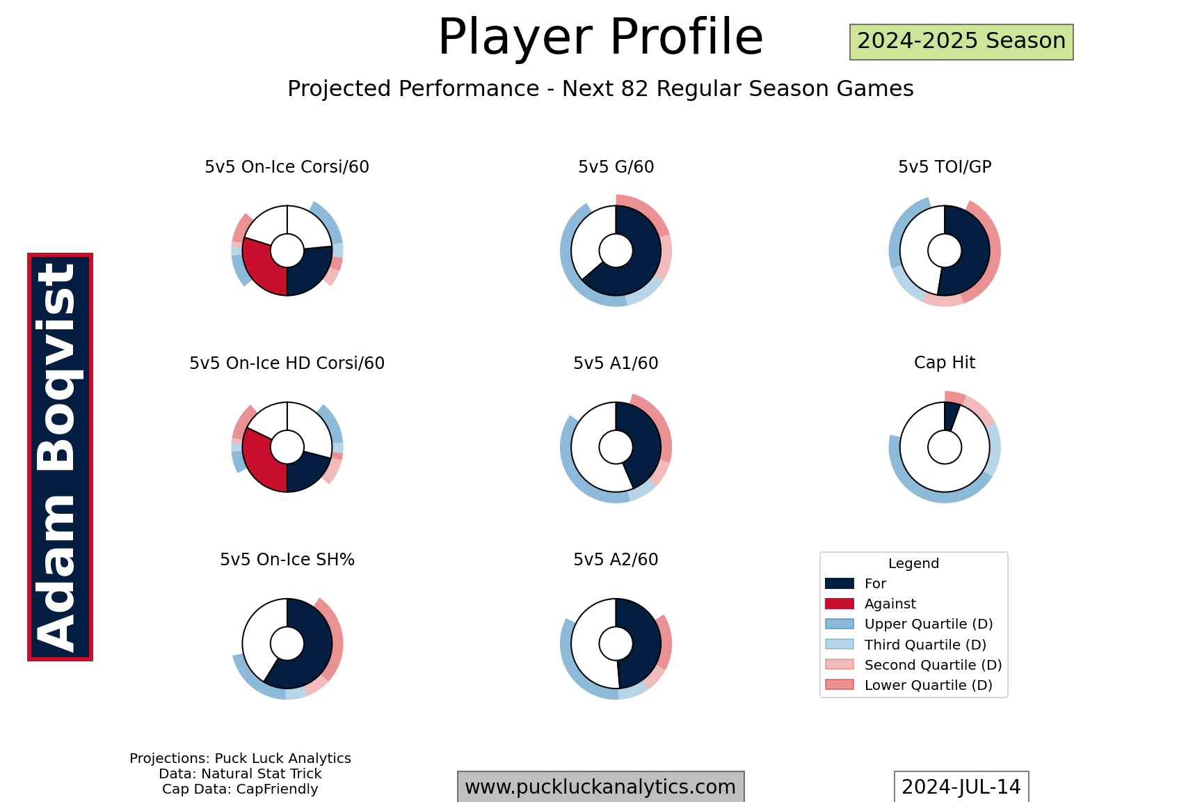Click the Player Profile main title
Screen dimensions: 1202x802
(600, 37)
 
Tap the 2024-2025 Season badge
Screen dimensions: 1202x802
(961, 42)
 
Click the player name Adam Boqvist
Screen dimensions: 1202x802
(60, 457)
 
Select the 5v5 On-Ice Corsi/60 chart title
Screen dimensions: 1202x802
(287, 167)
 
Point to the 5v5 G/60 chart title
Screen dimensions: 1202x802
(616, 167)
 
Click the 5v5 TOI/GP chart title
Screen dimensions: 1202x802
(945, 167)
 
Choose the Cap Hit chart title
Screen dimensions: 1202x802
(945, 363)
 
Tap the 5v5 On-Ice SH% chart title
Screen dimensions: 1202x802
(287, 560)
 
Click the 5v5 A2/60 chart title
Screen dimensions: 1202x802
(616, 560)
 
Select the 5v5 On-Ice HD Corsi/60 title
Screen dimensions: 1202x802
(287, 363)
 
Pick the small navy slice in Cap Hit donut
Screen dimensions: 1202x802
(951, 416)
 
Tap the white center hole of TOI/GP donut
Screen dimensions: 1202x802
(945, 251)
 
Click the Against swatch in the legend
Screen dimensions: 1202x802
(839, 604)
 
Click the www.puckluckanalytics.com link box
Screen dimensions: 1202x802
(600, 787)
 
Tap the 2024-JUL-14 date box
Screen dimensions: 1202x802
(961, 787)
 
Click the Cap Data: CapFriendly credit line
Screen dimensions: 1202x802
(240, 789)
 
